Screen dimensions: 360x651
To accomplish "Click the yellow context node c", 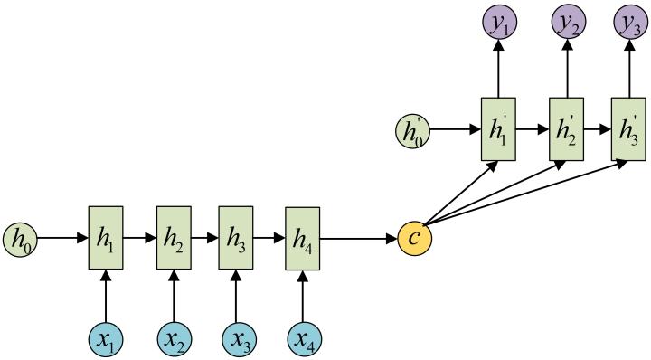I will pos(415,239).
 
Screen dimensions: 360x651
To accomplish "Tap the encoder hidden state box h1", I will pos(105,239).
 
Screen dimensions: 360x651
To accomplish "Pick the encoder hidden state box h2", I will pos(174,239).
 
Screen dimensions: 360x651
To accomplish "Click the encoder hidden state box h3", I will pos(237,239).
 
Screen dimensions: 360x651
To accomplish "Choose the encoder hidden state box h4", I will pos(303,239).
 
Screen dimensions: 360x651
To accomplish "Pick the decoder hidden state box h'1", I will pos(497,129).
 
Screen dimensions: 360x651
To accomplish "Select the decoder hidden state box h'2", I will pos(567,129).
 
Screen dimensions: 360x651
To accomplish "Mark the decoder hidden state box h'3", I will pos(629,129).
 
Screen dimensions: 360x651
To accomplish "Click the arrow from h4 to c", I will pos(359,239).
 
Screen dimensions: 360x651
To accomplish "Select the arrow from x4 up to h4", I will pos(303,295).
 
